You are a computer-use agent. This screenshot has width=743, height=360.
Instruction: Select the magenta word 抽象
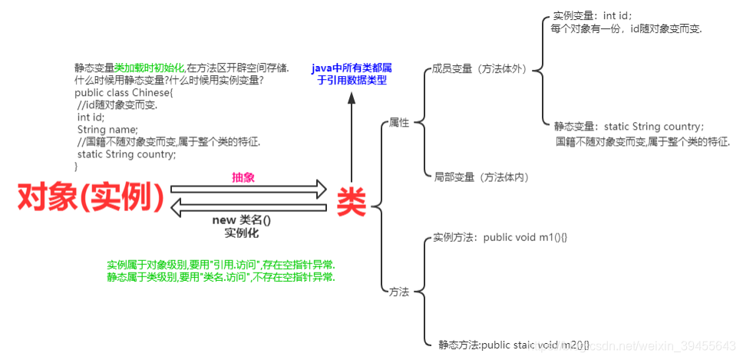pyautogui.click(x=243, y=177)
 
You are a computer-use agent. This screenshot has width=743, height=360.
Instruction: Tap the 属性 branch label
pyautogui.click(x=399, y=123)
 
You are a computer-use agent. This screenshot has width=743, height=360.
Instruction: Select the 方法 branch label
pyautogui.click(x=399, y=292)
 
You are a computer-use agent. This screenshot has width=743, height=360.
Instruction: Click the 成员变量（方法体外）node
pyautogui.click(x=480, y=69)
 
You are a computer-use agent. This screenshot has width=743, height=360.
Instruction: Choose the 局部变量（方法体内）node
pyautogui.click(x=481, y=177)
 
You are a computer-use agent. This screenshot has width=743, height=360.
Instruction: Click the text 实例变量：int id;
pyautogui.click(x=593, y=15)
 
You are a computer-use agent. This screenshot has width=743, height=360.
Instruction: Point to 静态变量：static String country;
pyautogui.click(x=629, y=127)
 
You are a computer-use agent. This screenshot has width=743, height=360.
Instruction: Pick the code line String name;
pyautogui.click(x=107, y=129)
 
